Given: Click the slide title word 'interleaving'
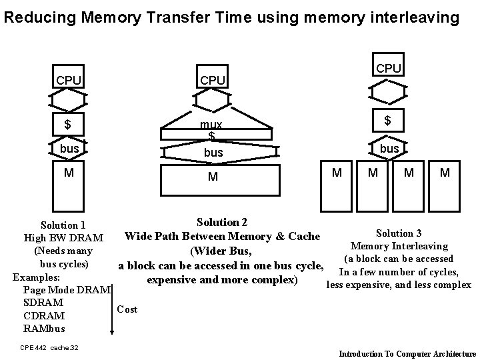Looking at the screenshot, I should pos(417,17).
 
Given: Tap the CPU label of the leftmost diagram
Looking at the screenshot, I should pos(69,81).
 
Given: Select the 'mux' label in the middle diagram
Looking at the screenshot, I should pos(212,125).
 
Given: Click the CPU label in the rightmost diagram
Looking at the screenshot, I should pos(389,69).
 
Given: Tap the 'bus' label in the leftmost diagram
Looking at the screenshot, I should pos(69,148).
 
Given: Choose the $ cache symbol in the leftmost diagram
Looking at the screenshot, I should pos(67,125).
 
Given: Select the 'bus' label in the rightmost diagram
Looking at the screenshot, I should pos(389,148).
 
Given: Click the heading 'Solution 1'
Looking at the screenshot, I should pos(63,225).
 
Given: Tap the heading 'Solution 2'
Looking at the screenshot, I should pos(222,222).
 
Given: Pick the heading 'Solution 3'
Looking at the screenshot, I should pos(399,233).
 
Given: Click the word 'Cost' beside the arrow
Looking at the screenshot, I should pos(127,309).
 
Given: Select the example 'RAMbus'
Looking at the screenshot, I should pos(45,329).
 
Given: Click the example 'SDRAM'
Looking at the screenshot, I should pos(43,303).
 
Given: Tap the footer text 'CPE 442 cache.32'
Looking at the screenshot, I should pos(49,347).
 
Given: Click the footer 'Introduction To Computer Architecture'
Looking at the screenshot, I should pos(407,354).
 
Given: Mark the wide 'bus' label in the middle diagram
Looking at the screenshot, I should pos(213,153).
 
